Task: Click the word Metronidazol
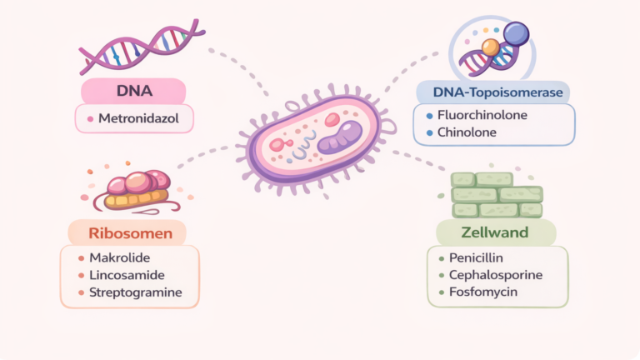[138, 119]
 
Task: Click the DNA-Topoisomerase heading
[492, 91]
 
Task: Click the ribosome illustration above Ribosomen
[133, 190]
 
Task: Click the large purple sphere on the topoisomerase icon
[517, 32]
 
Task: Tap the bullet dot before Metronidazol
[90, 119]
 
